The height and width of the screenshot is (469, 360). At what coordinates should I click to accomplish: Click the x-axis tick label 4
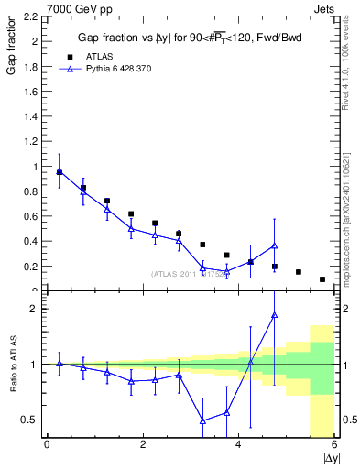coord(238,445)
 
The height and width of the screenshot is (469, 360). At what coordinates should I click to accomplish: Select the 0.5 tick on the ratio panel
coord(28,420)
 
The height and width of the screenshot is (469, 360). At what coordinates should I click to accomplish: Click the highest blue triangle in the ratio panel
coord(274,315)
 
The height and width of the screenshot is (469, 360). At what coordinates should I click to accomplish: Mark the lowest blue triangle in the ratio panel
coord(202,420)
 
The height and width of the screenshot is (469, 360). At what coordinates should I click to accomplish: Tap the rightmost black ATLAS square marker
coord(322,279)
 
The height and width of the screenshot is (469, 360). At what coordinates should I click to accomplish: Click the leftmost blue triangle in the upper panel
coord(60,171)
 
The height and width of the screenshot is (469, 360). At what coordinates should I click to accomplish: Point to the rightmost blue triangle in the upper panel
coord(274,245)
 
